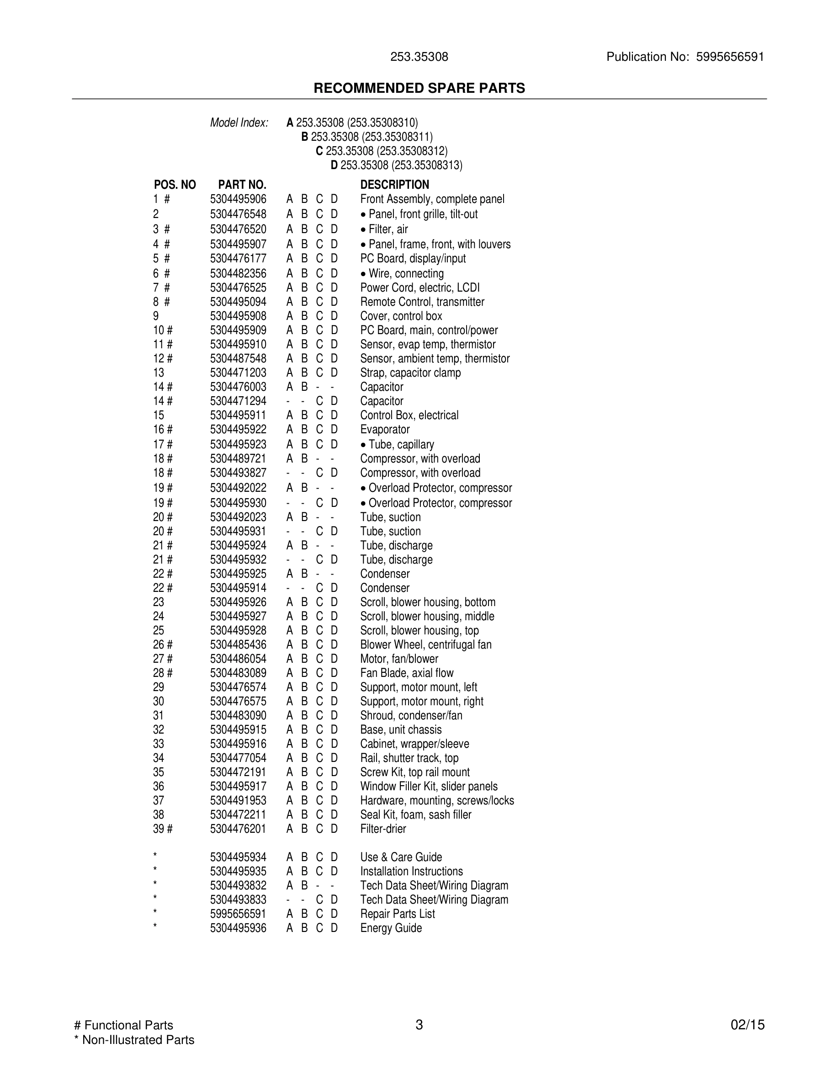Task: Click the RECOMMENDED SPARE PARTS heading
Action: tap(419, 88)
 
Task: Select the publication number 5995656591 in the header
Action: tap(730, 57)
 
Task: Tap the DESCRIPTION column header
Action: tap(394, 185)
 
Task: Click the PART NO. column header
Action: tap(242, 185)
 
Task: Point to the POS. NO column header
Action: tap(175, 185)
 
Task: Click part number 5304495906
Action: tap(238, 199)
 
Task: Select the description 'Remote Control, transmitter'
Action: tap(422, 302)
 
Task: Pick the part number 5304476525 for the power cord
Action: tap(238, 288)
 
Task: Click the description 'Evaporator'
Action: tap(385, 429)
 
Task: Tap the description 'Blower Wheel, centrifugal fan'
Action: tap(425, 644)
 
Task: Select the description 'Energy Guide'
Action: tap(391, 928)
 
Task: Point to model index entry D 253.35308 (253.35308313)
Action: tap(396, 165)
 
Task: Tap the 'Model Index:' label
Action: tap(239, 123)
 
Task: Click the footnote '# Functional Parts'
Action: tap(123, 1025)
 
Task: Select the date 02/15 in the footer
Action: tap(747, 1025)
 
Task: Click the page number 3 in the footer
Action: tap(419, 1024)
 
